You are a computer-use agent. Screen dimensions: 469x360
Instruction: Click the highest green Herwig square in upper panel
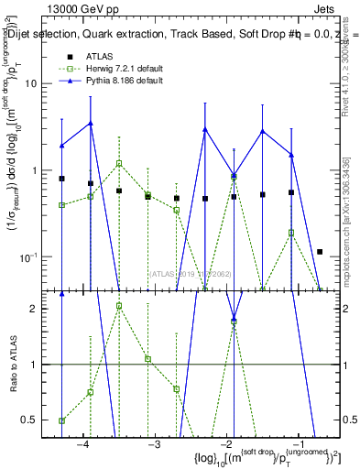(119, 164)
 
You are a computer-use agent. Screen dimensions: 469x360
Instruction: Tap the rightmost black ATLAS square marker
(320, 251)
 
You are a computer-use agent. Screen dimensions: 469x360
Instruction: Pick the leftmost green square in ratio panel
(61, 420)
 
